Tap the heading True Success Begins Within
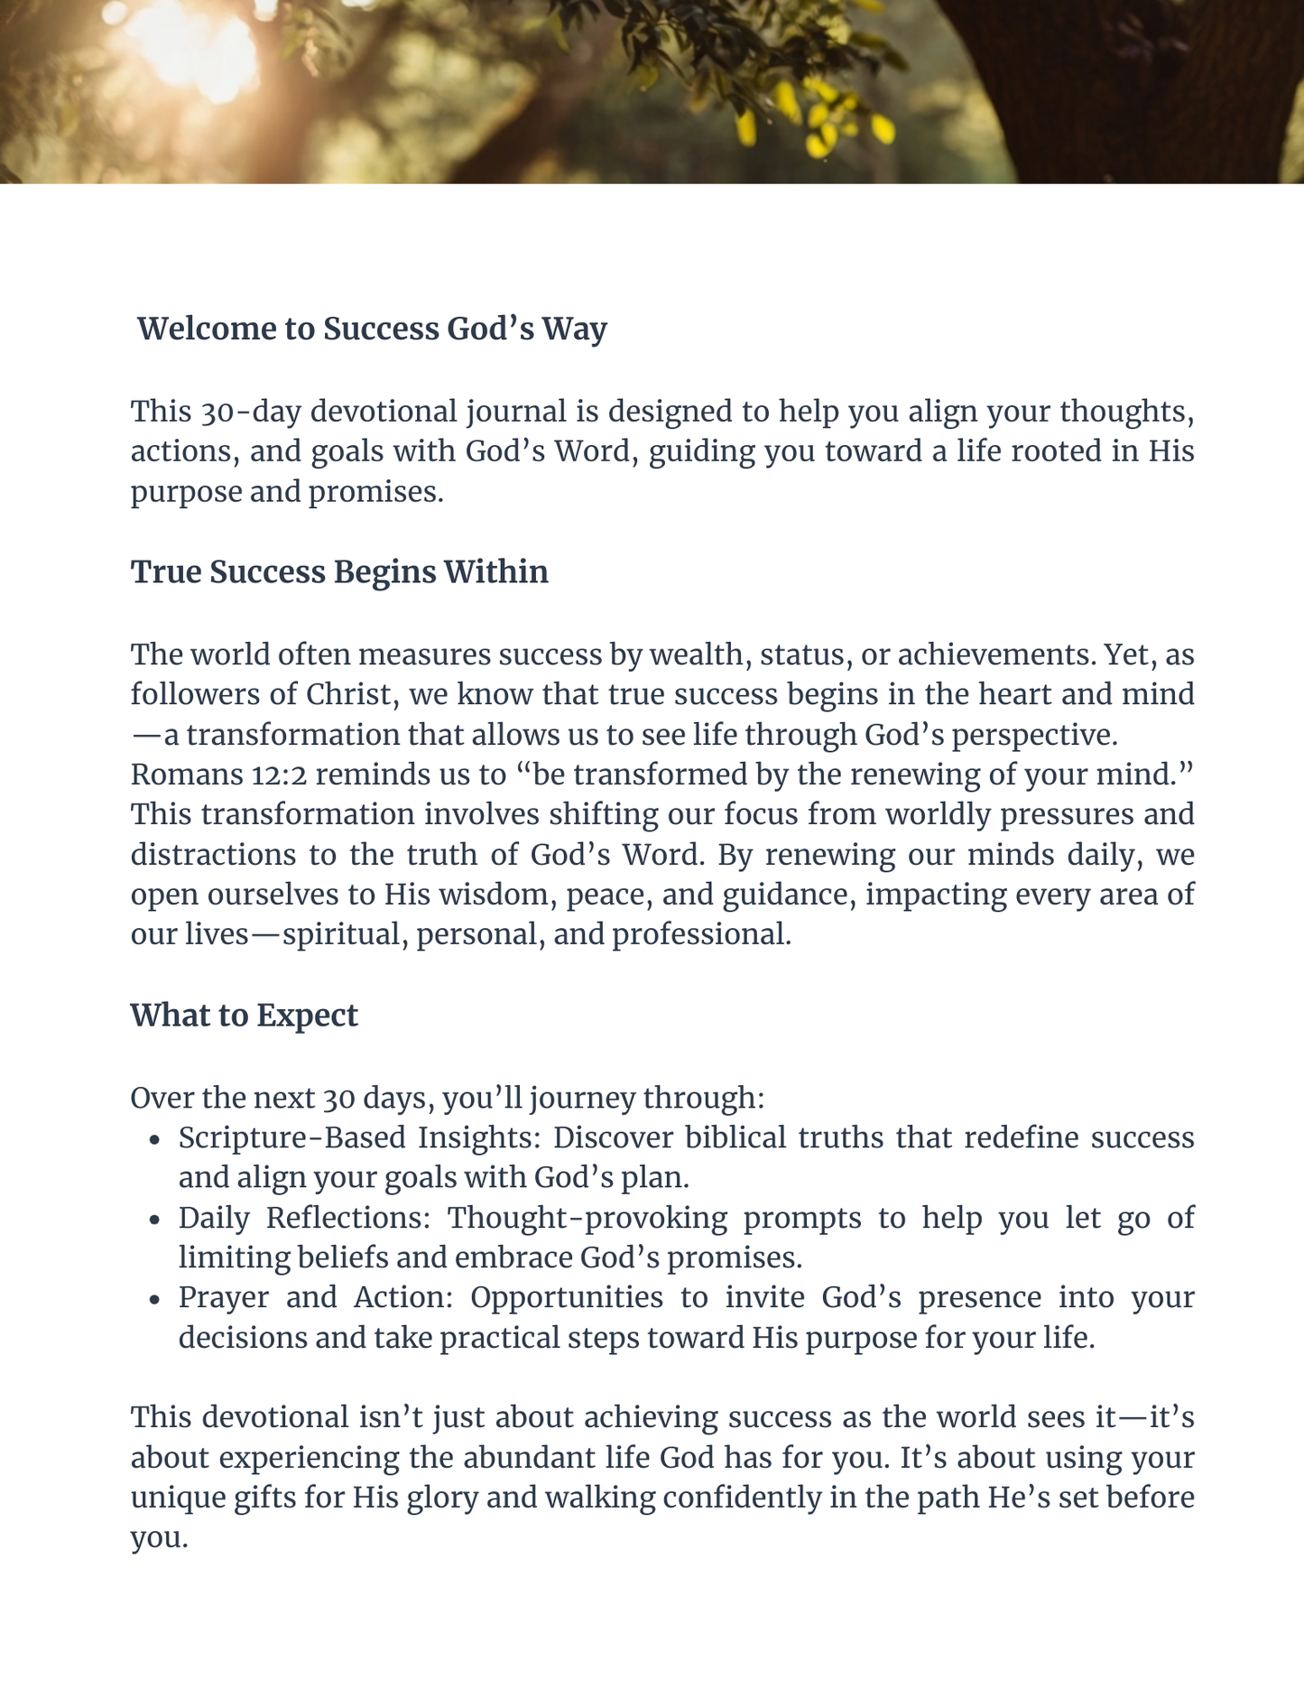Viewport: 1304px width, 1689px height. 339,572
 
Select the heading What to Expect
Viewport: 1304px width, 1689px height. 244,1016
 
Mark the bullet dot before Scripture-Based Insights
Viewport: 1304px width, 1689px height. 155,1139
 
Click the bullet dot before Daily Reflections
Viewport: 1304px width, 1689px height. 155,1220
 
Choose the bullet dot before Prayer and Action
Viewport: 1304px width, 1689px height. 155,1299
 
